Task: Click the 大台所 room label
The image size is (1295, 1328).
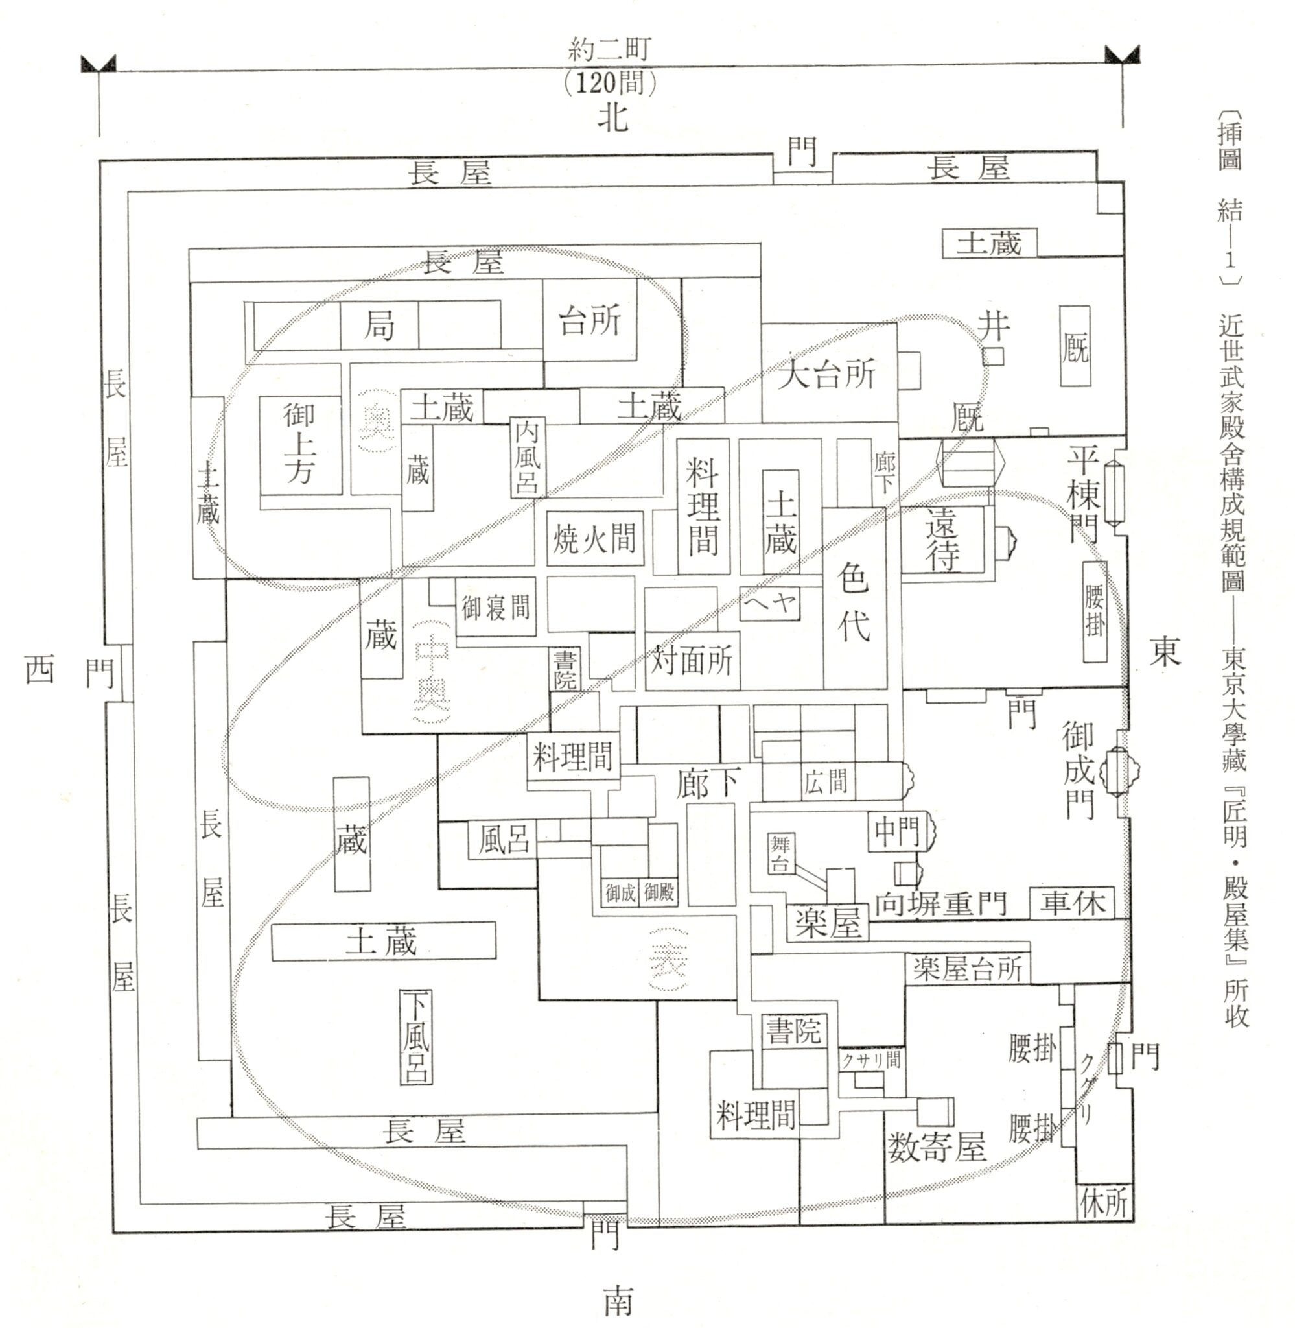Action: coord(826,373)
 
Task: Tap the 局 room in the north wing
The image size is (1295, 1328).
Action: coord(379,326)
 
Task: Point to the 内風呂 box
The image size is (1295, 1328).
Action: coord(527,456)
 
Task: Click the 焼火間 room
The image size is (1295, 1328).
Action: coord(594,539)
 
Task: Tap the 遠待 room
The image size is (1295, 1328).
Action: coord(942,540)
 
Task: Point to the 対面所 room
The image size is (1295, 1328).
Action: coord(692,661)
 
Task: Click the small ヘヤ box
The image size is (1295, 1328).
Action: coord(770,603)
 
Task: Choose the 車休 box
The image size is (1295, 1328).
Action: coord(1072,903)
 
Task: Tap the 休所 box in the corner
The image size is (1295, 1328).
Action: coord(1104,1203)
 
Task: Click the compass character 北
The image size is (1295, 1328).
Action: coord(612,119)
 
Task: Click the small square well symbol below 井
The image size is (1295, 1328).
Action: coord(994,357)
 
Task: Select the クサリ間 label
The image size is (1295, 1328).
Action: coord(870,1061)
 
